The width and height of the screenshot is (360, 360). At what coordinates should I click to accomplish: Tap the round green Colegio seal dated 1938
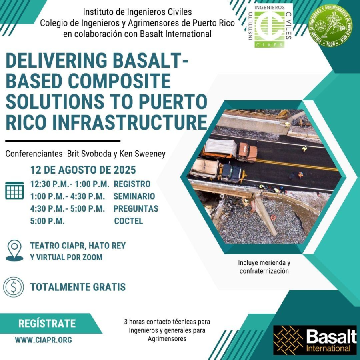point(330,25)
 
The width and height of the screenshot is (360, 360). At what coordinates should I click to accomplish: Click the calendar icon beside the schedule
point(14,190)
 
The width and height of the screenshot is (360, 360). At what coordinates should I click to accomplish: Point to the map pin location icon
point(14,250)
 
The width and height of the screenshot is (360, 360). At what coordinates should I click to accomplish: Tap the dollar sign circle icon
point(14,287)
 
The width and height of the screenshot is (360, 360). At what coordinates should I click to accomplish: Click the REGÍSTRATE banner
point(47,324)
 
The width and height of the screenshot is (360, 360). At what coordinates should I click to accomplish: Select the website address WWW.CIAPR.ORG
point(43,340)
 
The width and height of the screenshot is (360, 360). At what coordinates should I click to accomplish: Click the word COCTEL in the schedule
point(128,221)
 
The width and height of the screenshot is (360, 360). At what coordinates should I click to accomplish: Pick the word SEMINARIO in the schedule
point(134,196)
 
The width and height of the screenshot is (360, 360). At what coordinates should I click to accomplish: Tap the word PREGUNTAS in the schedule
point(136,209)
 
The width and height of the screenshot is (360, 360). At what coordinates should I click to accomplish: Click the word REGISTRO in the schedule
point(132,184)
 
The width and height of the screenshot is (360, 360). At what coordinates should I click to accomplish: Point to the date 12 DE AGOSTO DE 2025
point(83,170)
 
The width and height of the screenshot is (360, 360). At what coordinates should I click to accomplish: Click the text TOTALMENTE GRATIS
point(78,287)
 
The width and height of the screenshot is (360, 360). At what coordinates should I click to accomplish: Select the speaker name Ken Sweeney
point(142,154)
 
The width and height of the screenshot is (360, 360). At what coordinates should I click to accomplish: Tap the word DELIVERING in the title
point(56,60)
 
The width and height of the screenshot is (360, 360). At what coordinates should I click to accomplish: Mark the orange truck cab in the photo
point(248,152)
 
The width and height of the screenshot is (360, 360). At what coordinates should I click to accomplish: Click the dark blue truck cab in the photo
point(232,173)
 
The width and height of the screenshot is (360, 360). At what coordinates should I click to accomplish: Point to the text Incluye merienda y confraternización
point(264,267)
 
